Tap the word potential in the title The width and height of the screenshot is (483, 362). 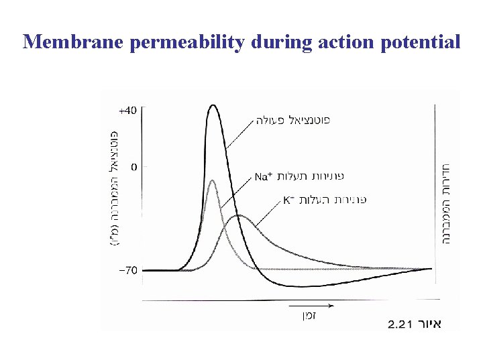(421, 42)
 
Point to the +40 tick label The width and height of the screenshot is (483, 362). (128, 110)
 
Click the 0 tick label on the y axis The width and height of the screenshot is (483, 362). (134, 166)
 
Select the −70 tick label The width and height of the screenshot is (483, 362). (128, 270)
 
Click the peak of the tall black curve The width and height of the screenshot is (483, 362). (213, 105)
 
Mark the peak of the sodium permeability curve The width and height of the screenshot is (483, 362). (213, 180)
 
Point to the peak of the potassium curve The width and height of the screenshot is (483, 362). (239, 216)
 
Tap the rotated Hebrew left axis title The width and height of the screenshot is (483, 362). (114, 188)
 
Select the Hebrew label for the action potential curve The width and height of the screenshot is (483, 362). (292, 121)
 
